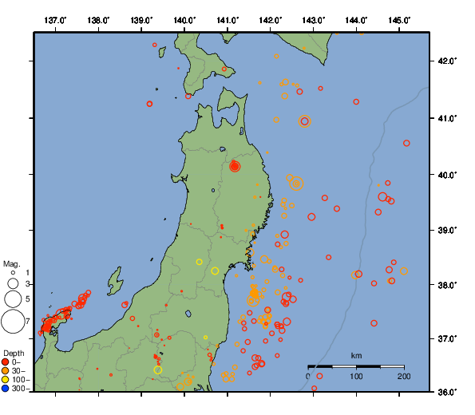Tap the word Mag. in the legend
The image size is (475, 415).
coord(11,263)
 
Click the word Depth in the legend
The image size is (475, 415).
coord(13,353)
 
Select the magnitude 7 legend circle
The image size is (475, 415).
coord(13,322)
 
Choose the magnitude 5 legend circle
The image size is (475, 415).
coord(13,299)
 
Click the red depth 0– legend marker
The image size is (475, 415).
coord(6,363)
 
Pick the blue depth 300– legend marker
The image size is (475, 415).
coord(6,389)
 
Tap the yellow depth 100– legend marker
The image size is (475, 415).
coord(6,380)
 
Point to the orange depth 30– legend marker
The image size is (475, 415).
coord(6,371)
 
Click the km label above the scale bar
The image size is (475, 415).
coord(357,355)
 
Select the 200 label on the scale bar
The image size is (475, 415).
coord(404,376)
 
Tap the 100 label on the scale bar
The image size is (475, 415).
coord(356,376)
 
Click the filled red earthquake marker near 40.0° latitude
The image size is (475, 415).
coord(235,166)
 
